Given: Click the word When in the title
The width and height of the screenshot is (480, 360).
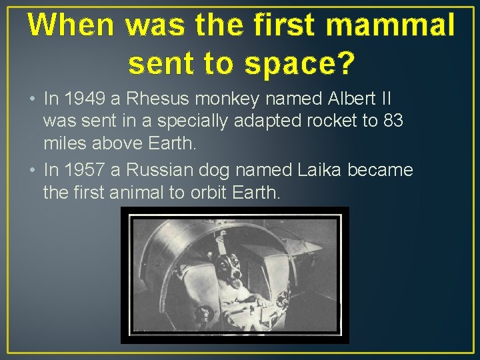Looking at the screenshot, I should pyautogui.click(x=71, y=25).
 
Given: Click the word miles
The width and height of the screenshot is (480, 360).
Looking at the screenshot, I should pyautogui.click(x=63, y=145).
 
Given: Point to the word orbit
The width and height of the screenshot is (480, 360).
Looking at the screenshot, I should pyautogui.click(x=205, y=193).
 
